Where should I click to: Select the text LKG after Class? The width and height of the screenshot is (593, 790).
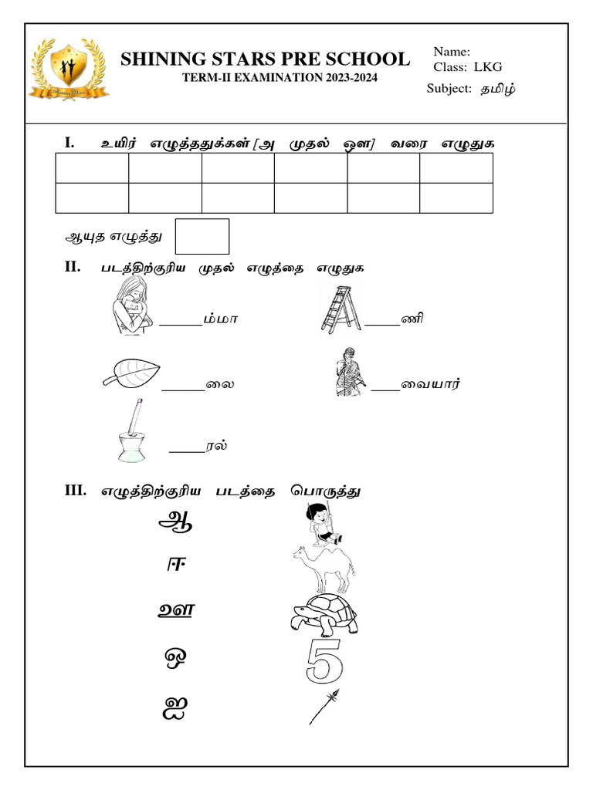click(488, 67)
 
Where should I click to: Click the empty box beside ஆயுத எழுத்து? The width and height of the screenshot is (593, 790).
click(202, 236)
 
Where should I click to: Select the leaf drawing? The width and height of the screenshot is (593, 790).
click(131, 373)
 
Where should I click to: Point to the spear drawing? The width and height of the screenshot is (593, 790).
click(324, 707)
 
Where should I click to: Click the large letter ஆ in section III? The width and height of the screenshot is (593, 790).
click(175, 522)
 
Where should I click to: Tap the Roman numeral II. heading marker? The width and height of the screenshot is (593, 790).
click(73, 268)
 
